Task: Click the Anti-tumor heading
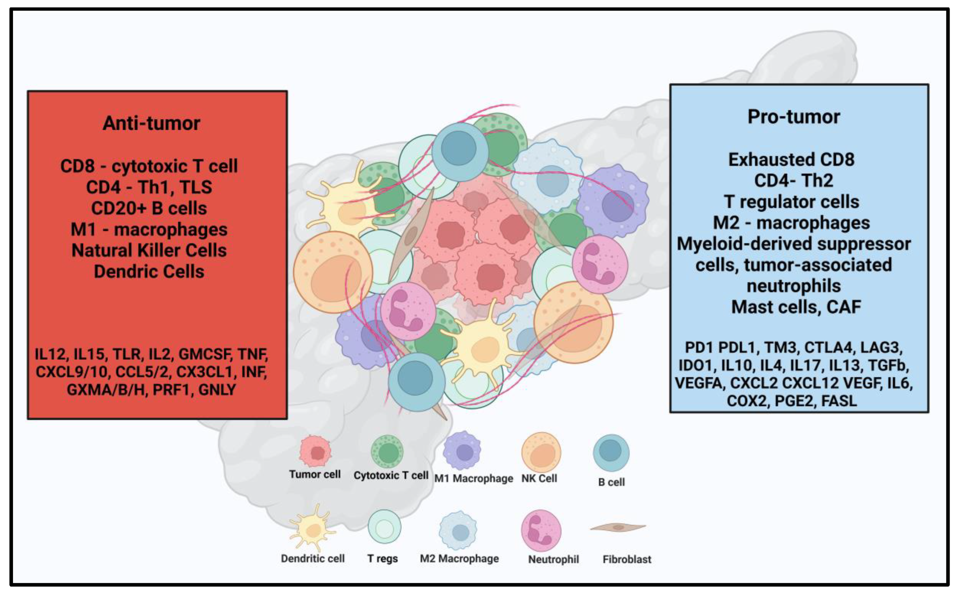(x=151, y=123)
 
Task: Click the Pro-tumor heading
(x=794, y=117)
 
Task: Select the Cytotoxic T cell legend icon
(x=387, y=451)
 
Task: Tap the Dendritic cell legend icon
(x=313, y=528)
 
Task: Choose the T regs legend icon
(x=384, y=527)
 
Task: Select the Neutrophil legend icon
(x=541, y=530)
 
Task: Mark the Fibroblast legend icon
(x=618, y=527)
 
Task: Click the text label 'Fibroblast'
(x=626, y=559)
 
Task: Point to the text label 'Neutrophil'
(x=553, y=559)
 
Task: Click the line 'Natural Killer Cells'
(x=149, y=251)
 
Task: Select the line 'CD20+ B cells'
(x=149, y=208)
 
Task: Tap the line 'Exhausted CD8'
(x=791, y=160)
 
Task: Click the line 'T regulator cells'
(x=792, y=202)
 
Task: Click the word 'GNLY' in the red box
(x=217, y=389)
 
